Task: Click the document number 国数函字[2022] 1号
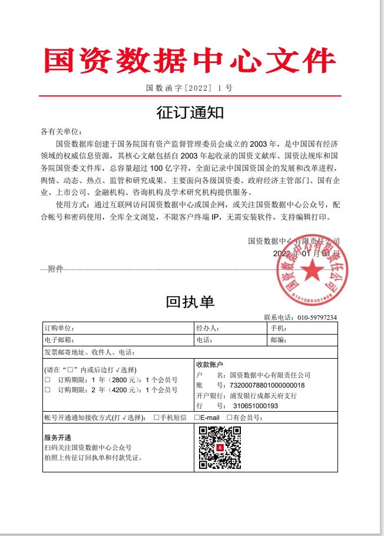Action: point(190,88)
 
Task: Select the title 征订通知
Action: point(190,112)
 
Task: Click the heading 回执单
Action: point(190,302)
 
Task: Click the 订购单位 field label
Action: point(59,328)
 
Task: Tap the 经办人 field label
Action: point(208,328)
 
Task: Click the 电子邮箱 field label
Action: point(59,340)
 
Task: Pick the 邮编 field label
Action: point(278,340)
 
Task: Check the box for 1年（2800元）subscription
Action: point(48,380)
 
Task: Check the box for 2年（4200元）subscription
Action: point(48,390)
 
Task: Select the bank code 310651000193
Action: point(256,406)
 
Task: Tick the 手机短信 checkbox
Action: point(157,418)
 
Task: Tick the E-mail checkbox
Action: point(197,418)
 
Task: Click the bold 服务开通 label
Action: point(57,438)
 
